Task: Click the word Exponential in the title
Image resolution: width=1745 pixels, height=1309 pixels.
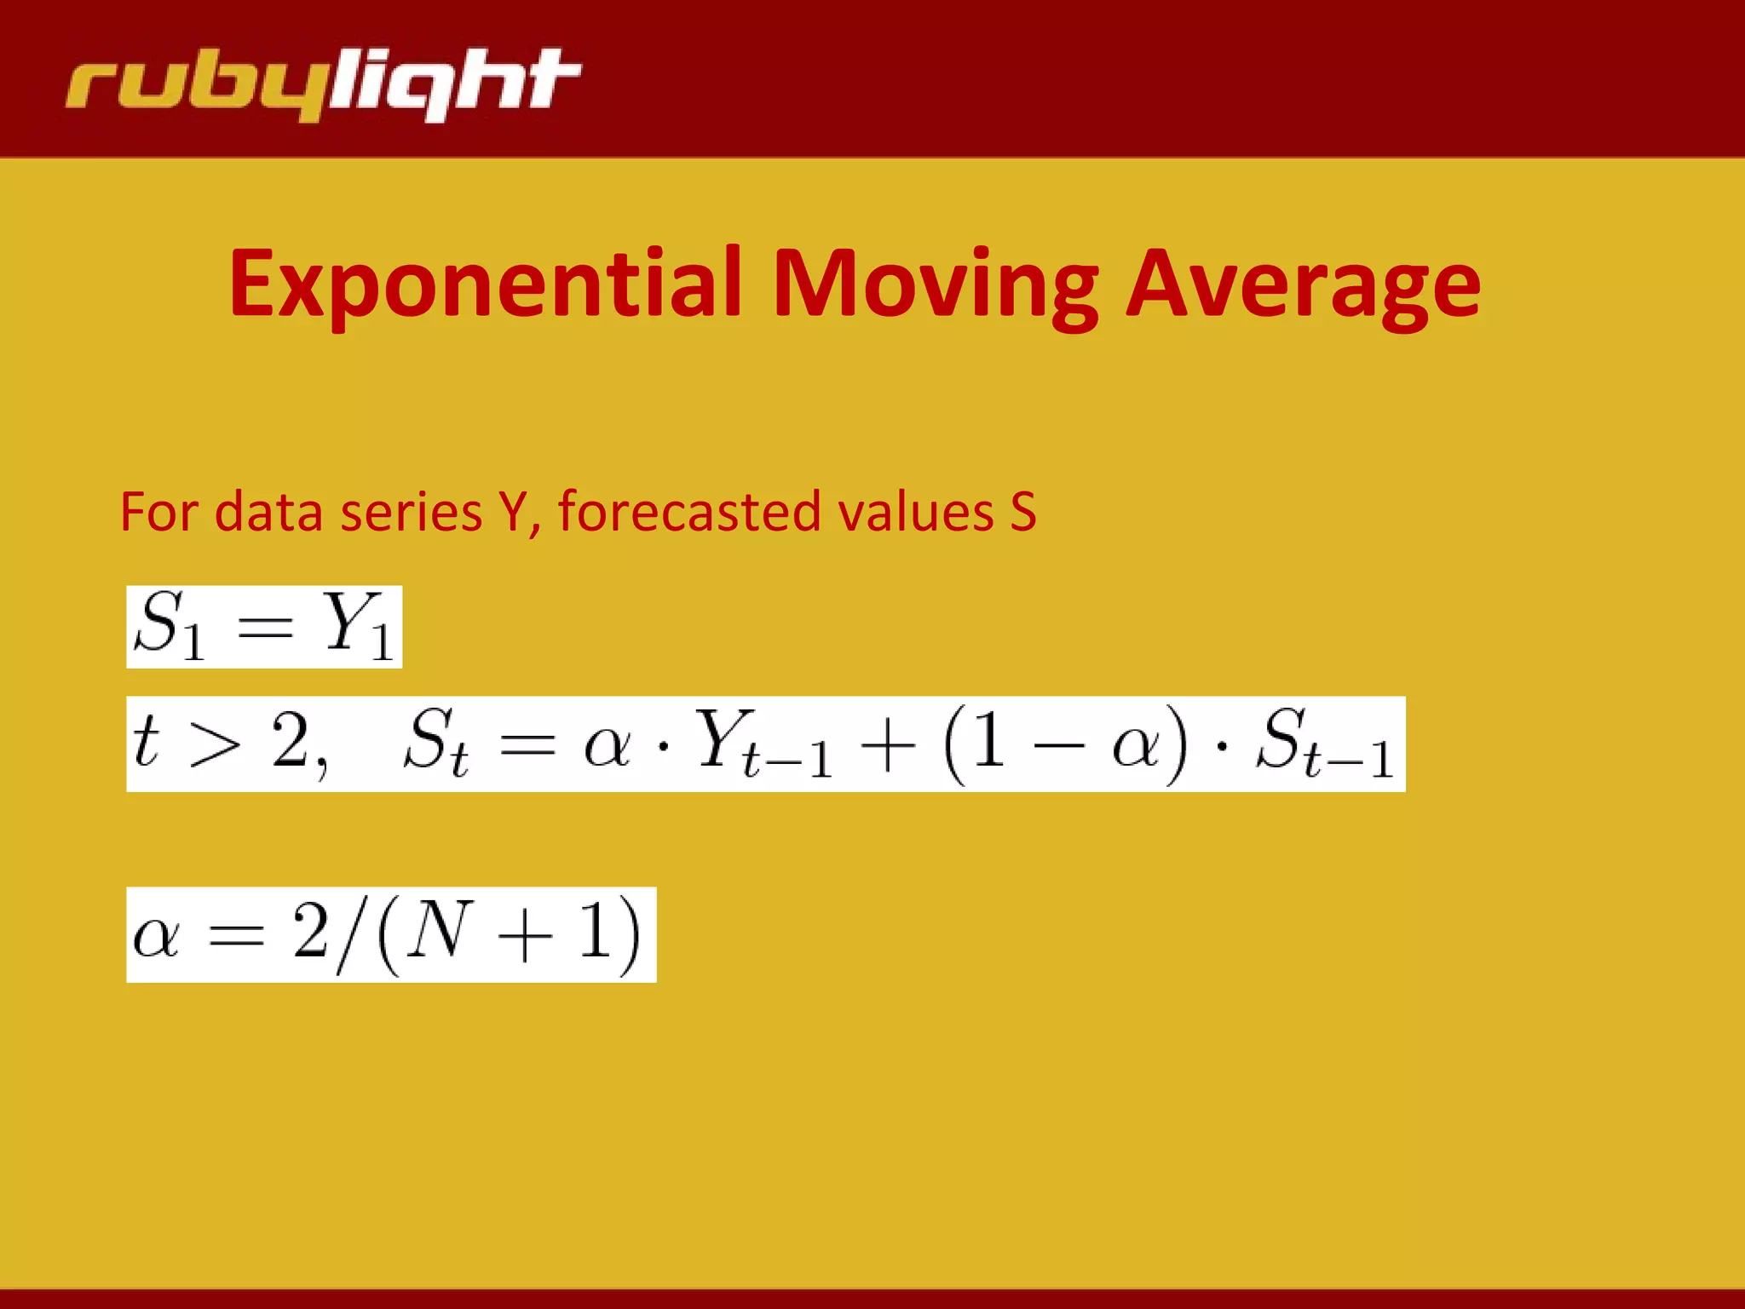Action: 487,284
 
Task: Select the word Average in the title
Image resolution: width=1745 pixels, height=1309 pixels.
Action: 1303,284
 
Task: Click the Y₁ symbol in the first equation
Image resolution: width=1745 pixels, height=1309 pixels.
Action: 356,626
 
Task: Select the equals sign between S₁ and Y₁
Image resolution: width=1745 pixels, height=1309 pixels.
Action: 265,629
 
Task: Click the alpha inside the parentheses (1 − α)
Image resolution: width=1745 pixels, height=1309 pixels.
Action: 1137,746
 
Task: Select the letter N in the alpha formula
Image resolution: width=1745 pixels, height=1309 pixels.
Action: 440,932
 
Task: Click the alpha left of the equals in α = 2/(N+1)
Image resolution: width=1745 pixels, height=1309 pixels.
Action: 156,938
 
